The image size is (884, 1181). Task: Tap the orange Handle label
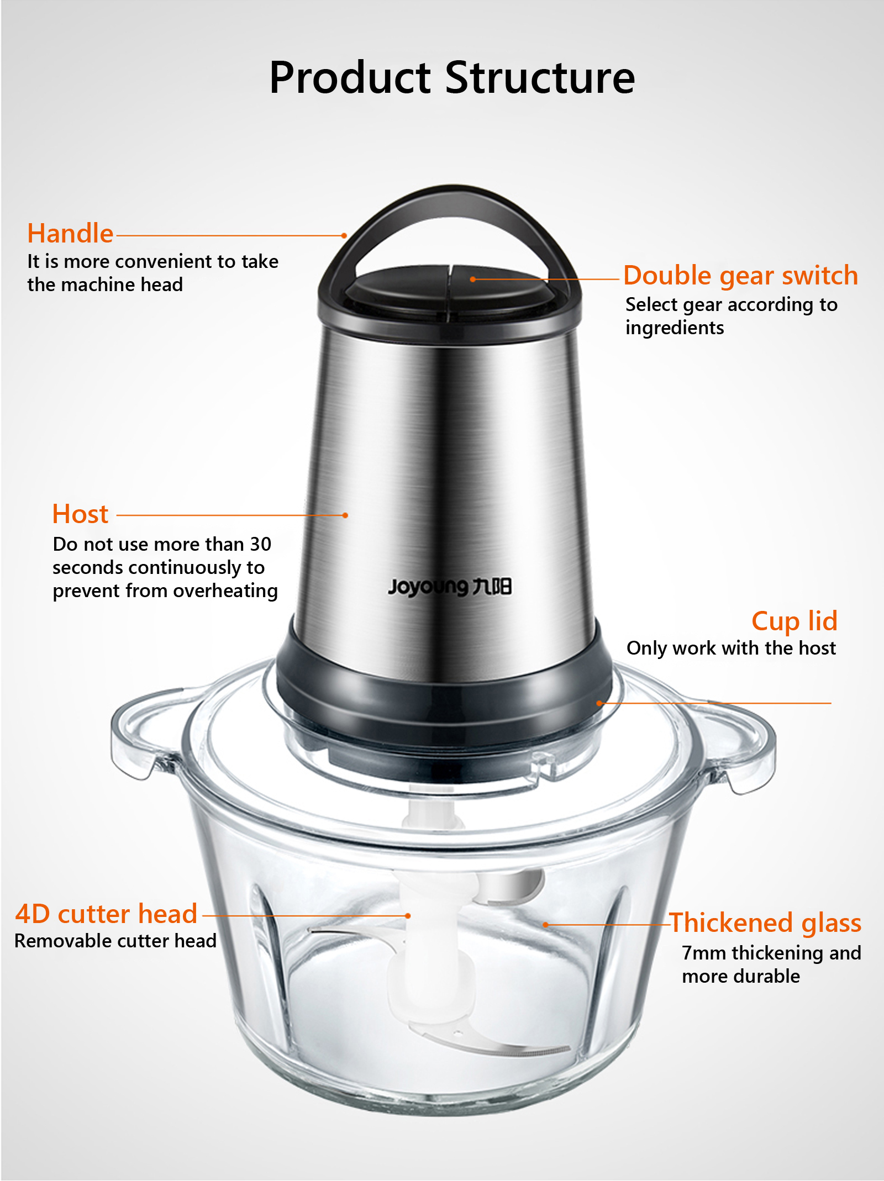pyautogui.click(x=70, y=233)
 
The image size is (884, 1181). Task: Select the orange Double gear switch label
pyautogui.click(x=740, y=275)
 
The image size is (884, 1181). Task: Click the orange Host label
pyautogui.click(x=80, y=514)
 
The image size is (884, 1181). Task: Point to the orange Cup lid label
pyautogui.click(x=794, y=621)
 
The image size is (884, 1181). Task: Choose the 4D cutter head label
pyautogui.click(x=106, y=914)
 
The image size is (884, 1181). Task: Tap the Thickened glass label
pyautogui.click(x=765, y=923)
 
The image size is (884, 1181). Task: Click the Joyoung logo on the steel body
pyautogui.click(x=450, y=587)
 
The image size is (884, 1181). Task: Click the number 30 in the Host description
pyautogui.click(x=260, y=544)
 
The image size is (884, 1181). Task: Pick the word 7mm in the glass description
pyautogui.click(x=704, y=953)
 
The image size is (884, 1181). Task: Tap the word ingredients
pyautogui.click(x=675, y=328)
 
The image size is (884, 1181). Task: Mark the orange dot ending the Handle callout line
pyautogui.click(x=344, y=236)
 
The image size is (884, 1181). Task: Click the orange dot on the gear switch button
pyautogui.click(x=472, y=280)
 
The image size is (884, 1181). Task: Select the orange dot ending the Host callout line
pyautogui.click(x=345, y=515)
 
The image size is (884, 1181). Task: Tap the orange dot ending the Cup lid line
pyautogui.click(x=599, y=703)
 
